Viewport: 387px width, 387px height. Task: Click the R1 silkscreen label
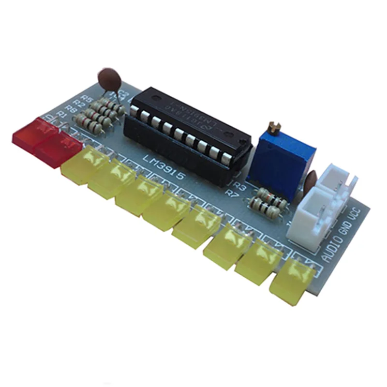coord(61,114)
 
